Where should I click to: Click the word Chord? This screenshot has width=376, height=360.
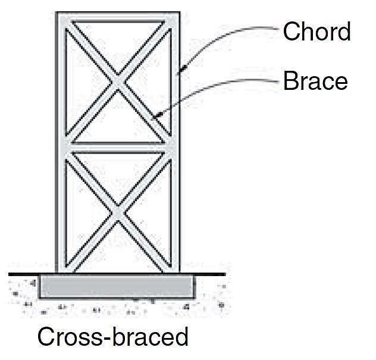pos(317,31)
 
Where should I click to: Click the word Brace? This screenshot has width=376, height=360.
pos(315,81)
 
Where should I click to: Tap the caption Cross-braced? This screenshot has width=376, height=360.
pos(112,337)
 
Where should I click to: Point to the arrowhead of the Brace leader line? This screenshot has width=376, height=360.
pos(153,118)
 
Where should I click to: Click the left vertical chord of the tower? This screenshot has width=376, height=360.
pos(61,143)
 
